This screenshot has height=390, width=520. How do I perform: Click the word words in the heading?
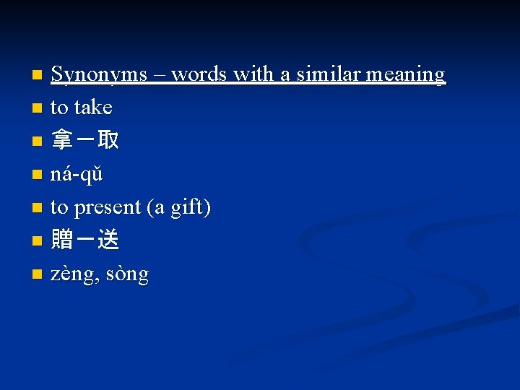197,74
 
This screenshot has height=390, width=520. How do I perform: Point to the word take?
92,108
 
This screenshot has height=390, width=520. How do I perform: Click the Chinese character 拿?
62,141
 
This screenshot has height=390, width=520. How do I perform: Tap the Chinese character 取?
108,141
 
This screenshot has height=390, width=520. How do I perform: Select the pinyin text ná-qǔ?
77,175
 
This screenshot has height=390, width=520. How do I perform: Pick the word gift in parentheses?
187,208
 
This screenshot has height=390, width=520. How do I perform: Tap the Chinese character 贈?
62,240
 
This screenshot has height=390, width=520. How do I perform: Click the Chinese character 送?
108,240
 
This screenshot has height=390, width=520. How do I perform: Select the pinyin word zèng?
74,275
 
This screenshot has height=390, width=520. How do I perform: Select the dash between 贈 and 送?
85,240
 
